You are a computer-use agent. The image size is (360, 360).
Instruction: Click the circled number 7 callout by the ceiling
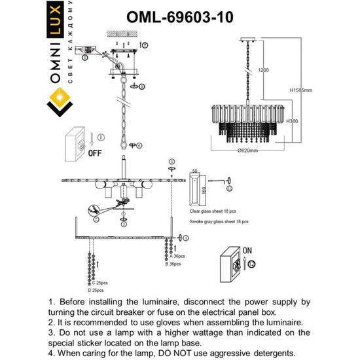click(x=145, y=44)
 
